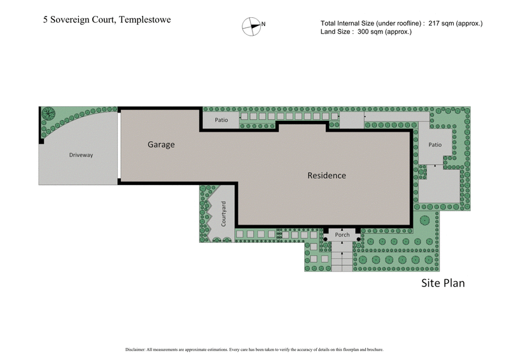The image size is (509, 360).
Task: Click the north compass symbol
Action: click(x=251, y=25)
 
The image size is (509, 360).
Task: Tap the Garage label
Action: click(x=161, y=144)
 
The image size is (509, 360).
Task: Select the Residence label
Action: click(x=326, y=176)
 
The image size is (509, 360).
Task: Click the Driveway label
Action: click(x=81, y=155)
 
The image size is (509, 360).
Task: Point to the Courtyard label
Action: click(x=224, y=214)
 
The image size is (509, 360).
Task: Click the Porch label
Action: click(x=342, y=235)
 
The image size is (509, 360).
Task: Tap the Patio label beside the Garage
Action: click(x=221, y=119)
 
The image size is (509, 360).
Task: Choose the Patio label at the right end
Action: click(x=435, y=144)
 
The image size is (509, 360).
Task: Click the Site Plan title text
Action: click(x=443, y=283)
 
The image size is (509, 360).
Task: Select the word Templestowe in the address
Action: click(x=143, y=20)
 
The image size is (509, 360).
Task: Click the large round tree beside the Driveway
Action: click(x=48, y=114)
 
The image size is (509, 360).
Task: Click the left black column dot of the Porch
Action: click(x=326, y=240)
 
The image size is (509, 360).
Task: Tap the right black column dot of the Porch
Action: click(x=359, y=240)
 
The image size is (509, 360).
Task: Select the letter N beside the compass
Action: click(x=263, y=25)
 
